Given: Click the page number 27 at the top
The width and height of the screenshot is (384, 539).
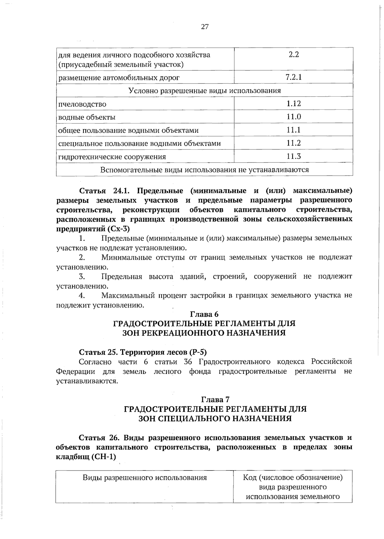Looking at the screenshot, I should point(205,27).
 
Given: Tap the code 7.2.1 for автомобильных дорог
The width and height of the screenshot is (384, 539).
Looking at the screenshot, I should point(293,77).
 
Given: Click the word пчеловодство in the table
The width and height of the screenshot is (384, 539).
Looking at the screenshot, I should point(82,104).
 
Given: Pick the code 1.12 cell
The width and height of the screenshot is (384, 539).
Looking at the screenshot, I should point(293,104).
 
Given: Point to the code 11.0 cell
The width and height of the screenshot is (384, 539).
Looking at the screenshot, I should point(293,117).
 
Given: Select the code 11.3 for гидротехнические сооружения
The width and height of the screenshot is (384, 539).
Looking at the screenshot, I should point(293,156).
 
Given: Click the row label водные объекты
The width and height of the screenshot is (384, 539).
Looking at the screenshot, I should point(87,117).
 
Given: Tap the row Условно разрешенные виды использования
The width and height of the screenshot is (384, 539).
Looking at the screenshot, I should point(204,91).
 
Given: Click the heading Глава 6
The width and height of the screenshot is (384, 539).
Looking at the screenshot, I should point(204,314).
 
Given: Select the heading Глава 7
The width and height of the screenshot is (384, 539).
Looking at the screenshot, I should point(215,400).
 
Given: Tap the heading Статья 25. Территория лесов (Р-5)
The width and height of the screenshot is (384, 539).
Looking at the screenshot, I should point(143,352).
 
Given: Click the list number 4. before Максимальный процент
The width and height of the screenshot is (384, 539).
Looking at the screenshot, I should point(82,295).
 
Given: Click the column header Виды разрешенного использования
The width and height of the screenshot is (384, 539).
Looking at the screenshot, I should point(145,478).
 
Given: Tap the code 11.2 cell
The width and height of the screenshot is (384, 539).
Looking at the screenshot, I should point(293,143).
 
